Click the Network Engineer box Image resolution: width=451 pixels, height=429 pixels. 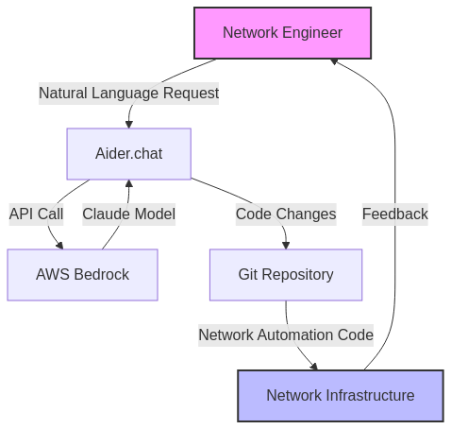click(x=282, y=33)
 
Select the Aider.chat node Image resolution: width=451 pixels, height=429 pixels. click(x=129, y=154)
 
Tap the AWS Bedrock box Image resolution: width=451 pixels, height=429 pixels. click(x=82, y=275)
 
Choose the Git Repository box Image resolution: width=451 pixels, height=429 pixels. click(x=286, y=275)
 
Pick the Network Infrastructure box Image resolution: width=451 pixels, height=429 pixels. click(x=341, y=396)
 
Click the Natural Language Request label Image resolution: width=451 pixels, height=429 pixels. click(x=128, y=94)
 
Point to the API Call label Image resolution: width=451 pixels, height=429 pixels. click(x=36, y=214)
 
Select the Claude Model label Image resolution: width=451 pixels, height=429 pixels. click(x=128, y=214)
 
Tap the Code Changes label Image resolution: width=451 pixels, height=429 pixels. click(x=286, y=214)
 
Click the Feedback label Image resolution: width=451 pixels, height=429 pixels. click(x=395, y=214)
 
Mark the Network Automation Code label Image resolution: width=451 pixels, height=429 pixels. click(x=286, y=335)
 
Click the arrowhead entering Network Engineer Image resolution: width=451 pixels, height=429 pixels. click(x=334, y=61)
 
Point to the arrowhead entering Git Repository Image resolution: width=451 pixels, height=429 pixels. click(x=286, y=246)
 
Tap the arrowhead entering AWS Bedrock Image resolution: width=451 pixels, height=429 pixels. click(x=59, y=246)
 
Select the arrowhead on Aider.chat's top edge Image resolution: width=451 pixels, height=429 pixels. click(x=128, y=125)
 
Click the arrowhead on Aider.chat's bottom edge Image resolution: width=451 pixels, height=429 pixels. click(x=129, y=183)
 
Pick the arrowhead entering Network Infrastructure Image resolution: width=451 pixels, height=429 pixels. click(x=314, y=367)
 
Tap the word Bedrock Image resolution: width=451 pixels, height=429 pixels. click(x=102, y=275)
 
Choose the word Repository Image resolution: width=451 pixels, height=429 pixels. click(x=297, y=275)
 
